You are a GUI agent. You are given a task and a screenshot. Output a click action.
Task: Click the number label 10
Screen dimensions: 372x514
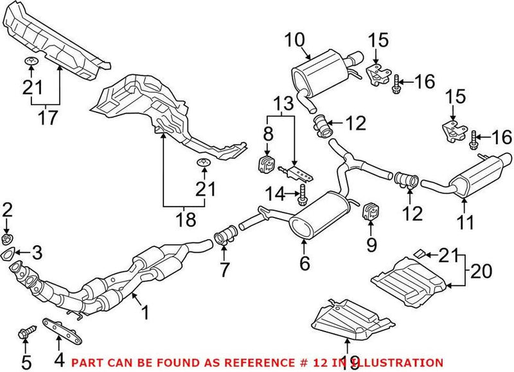[297, 40]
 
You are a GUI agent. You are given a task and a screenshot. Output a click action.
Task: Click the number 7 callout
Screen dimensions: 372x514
[224, 271]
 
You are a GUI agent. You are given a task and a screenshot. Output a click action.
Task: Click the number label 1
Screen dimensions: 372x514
[146, 312]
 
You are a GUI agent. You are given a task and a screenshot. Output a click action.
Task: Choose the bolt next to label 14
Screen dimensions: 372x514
[301, 194]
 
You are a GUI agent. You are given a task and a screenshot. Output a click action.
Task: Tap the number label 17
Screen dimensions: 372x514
[47, 117]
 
